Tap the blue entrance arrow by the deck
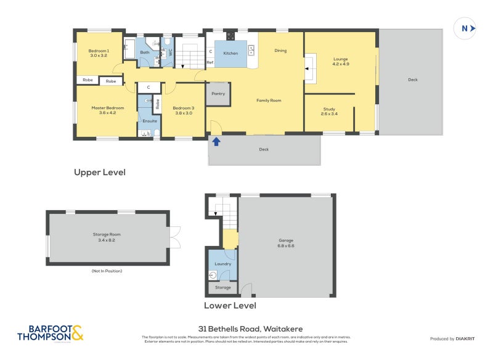pyautogui.click(x=216, y=142)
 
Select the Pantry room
pyautogui.click(x=218, y=94)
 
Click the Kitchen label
pyautogui.click(x=230, y=54)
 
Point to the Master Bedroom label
pyautogui.click(x=108, y=108)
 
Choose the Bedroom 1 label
pyautogui.click(x=99, y=51)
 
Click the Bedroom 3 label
pyautogui.click(x=184, y=108)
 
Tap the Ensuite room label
pyautogui.click(x=149, y=121)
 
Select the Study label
pyautogui.click(x=328, y=109)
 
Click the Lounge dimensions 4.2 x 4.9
pyautogui.click(x=341, y=63)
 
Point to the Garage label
pyautogui.click(x=285, y=240)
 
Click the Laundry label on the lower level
pyautogui.click(x=222, y=264)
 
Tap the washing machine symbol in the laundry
pyautogui.click(x=213, y=276)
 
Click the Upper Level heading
pyautogui.click(x=100, y=173)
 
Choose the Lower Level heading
pyautogui.click(x=230, y=305)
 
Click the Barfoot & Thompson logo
pyautogui.click(x=50, y=333)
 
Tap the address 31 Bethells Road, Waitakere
pyautogui.click(x=246, y=329)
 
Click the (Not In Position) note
pyautogui.click(x=108, y=271)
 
